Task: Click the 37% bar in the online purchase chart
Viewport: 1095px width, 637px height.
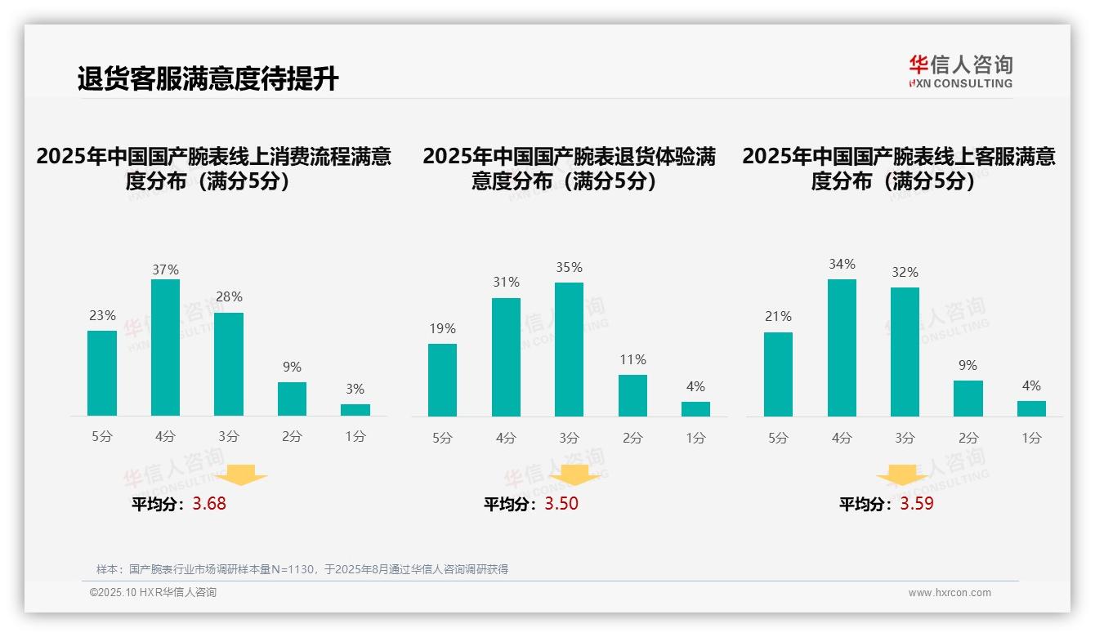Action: coord(165,347)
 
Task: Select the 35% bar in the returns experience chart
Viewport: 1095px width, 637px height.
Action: coord(569,350)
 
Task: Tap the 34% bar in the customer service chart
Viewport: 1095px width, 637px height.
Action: coord(842,347)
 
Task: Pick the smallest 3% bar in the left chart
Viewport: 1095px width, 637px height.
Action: coord(355,410)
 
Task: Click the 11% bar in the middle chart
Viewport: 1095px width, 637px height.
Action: coord(632,395)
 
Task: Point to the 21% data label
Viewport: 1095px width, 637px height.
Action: coord(778,316)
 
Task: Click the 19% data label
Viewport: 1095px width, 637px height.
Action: coord(442,328)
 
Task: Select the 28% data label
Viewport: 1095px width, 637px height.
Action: coord(229,296)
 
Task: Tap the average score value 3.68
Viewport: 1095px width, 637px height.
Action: coord(209,504)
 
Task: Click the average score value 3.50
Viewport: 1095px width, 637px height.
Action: coord(561,504)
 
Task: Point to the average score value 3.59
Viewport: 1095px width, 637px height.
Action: coord(917,504)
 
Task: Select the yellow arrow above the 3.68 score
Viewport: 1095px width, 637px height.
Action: coord(243,475)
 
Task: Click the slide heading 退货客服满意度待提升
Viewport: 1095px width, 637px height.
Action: coord(208,79)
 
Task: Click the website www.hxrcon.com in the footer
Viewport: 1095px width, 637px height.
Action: coord(950,593)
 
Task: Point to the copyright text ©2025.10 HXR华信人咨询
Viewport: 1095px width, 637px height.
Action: coord(153,593)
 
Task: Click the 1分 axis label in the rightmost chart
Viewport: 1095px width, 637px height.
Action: coord(1031,438)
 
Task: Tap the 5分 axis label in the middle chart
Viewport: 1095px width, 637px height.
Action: coord(442,438)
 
